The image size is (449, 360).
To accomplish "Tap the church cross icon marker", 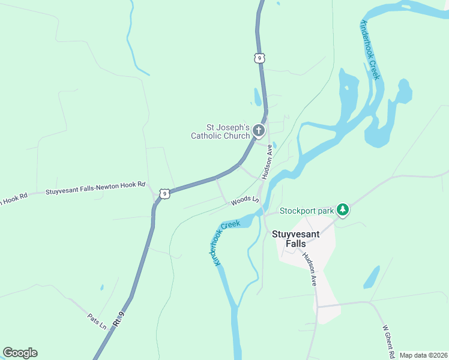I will pyautogui.click(x=259, y=130).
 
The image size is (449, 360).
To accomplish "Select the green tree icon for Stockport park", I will pyautogui.click(x=342, y=209).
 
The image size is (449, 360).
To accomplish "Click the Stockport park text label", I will pyautogui.click(x=306, y=211).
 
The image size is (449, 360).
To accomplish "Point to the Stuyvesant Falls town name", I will pyautogui.click(x=297, y=239).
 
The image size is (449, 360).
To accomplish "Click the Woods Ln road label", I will pyautogui.click(x=245, y=201).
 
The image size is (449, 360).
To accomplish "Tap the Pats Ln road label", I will pyautogui.click(x=97, y=322).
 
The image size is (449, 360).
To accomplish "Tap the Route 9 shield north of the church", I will pyautogui.click(x=258, y=58).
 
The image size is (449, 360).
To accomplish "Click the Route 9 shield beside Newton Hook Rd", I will pyautogui.click(x=164, y=193).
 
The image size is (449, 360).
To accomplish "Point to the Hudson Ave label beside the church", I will pyautogui.click(x=268, y=161).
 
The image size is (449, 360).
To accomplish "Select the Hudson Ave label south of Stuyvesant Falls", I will pyautogui.click(x=309, y=268).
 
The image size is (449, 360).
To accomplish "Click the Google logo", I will pyautogui.click(x=20, y=353).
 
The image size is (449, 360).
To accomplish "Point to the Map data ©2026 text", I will pyautogui.click(x=423, y=355).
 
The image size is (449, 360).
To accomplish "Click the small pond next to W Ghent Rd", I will pyautogui.click(x=372, y=277).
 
